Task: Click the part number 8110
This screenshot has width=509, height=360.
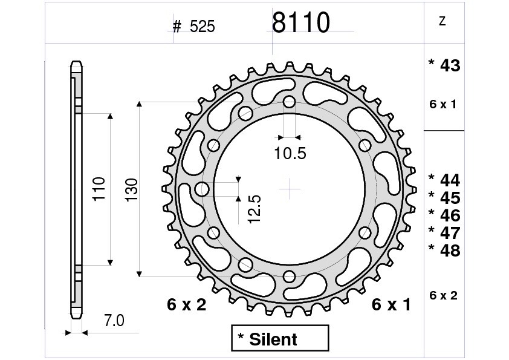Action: pos(300,23)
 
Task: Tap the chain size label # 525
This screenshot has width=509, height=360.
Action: pos(193,27)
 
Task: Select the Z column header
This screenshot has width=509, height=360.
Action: pos(443,22)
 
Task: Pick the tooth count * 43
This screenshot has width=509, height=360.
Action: pos(444,66)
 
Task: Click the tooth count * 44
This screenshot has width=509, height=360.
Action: pos(444,180)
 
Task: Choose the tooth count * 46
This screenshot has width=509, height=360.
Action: pos(444,215)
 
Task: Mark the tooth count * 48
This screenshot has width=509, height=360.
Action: pos(444,250)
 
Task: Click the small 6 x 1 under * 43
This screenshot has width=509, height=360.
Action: pos(443,105)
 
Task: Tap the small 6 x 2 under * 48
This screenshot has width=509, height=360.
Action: pos(443,296)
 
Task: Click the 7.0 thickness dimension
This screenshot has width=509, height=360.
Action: pos(113,321)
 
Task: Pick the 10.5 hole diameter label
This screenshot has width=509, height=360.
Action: pos(290,154)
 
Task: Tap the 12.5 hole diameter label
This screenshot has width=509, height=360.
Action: pos(254,209)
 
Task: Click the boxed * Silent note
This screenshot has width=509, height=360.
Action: pos(279,339)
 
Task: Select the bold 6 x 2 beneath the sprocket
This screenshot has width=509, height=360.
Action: pos(186,305)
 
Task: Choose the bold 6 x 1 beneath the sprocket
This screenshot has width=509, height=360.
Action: pos(391,305)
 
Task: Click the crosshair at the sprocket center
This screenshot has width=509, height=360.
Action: pos(290,189)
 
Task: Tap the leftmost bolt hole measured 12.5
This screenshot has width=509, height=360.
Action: pos(202,189)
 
